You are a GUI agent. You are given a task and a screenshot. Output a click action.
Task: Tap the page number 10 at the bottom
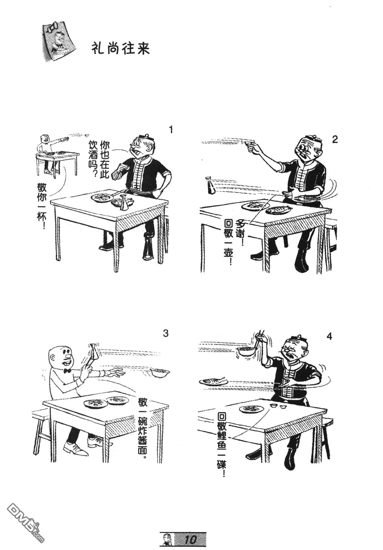click(190, 539)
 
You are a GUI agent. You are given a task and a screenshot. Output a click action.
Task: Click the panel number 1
click(171, 129)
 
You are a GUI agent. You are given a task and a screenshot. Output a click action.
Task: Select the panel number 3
click(166, 334)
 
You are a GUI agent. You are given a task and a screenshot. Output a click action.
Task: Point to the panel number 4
click(329, 337)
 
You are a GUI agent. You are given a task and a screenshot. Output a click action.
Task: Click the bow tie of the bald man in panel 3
click(67, 371)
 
